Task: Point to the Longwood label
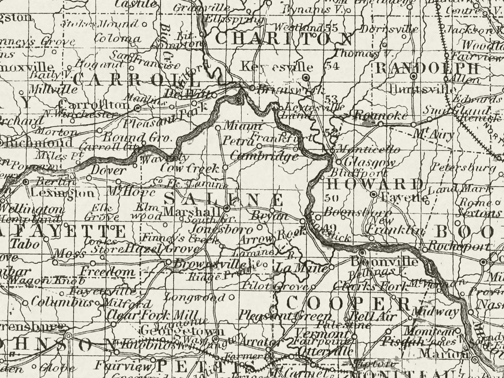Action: [x=194, y=298]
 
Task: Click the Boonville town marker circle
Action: [x=362, y=252]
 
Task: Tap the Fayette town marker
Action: [x=374, y=194]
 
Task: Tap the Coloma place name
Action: [x=117, y=39]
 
